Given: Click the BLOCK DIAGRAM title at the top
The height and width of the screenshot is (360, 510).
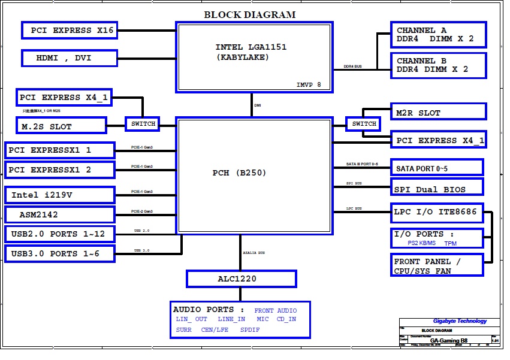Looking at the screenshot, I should (x=249, y=14).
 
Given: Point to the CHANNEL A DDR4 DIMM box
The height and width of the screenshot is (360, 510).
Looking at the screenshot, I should (x=438, y=35).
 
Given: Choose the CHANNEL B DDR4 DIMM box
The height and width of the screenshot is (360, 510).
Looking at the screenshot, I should (x=438, y=65).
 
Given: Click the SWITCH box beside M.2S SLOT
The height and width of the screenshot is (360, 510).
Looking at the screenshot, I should (x=143, y=124).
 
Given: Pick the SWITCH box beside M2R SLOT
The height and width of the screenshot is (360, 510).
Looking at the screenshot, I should (x=364, y=124).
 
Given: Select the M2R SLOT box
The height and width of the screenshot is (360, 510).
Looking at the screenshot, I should (x=438, y=112).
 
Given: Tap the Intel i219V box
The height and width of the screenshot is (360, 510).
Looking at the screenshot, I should (x=59, y=195).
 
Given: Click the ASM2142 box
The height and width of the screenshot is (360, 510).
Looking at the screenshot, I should (x=59, y=214).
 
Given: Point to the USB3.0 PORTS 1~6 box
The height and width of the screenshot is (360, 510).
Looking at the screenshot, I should (x=59, y=253).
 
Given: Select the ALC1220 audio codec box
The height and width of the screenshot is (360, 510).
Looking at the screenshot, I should (x=241, y=279).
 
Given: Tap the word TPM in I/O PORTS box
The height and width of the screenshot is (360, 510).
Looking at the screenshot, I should (x=450, y=244).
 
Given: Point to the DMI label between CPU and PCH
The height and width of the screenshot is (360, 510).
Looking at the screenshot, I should (x=258, y=105).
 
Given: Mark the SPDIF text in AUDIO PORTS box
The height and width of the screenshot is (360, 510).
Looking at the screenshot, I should (x=250, y=330).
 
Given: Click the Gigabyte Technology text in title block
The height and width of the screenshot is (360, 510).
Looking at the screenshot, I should (x=460, y=321).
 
